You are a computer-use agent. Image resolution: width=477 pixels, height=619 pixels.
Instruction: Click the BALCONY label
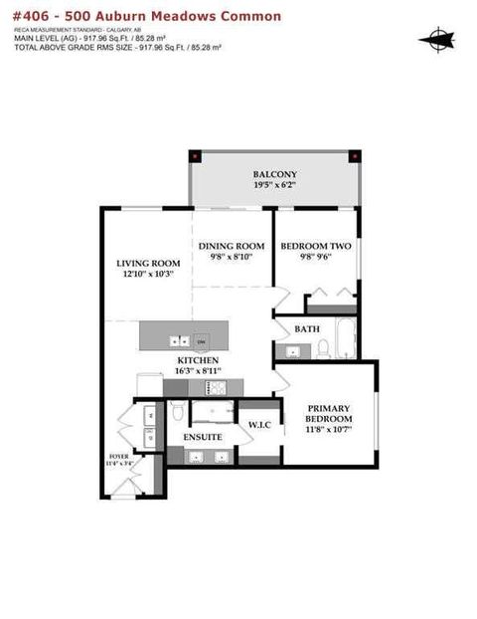click(274, 173)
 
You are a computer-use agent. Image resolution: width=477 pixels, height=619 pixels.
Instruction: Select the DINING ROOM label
click(232, 246)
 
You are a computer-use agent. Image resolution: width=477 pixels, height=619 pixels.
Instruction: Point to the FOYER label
click(120, 457)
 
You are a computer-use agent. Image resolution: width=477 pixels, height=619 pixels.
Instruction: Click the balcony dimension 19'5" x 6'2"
click(274, 186)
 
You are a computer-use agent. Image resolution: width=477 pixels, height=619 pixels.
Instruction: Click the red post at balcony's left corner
click(197, 156)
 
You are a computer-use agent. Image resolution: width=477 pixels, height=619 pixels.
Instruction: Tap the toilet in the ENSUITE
click(176, 411)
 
